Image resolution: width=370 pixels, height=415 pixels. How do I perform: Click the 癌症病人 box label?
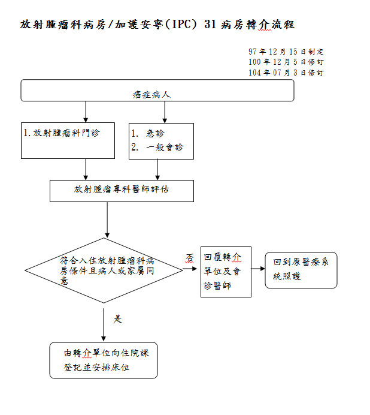[x=151, y=95]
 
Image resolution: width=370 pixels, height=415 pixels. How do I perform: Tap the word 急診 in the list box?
[x=156, y=133]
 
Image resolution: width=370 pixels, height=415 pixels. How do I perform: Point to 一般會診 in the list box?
[x=165, y=147]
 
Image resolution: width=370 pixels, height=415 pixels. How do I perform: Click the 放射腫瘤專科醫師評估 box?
[x=122, y=191]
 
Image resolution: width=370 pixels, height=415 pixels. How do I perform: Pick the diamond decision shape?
[x=104, y=270]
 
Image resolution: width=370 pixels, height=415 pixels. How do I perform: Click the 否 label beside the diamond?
[x=190, y=258]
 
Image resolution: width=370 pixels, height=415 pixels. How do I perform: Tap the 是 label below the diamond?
[x=117, y=318]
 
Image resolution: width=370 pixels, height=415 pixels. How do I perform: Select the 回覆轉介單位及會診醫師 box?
[x=226, y=272]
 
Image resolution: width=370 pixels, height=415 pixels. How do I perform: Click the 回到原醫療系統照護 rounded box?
[x=301, y=270]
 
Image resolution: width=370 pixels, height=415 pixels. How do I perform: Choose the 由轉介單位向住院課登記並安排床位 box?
[x=104, y=360]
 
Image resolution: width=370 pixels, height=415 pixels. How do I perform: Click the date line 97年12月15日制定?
[x=286, y=52]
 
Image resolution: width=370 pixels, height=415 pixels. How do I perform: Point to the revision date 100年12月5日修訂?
[x=286, y=62]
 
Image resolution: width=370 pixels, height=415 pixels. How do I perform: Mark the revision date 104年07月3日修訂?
[x=286, y=73]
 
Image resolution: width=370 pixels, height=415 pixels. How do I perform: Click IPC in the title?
[x=181, y=25]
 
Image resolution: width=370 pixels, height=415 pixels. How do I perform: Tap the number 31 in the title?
[x=210, y=25]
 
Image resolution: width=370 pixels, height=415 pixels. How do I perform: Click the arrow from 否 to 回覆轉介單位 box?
[x=190, y=269]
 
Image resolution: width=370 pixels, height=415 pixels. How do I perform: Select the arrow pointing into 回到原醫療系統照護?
[x=258, y=269]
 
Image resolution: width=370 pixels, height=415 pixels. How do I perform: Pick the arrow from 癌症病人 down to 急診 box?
[x=165, y=112]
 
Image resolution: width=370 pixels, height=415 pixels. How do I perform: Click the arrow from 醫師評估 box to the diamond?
[x=107, y=220]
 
